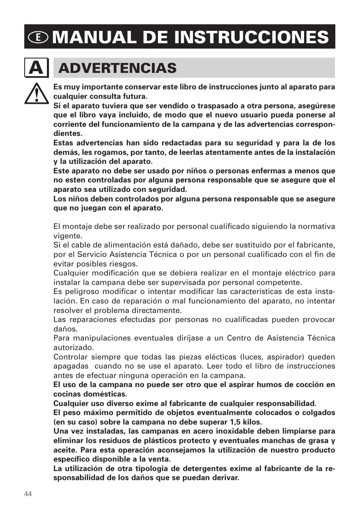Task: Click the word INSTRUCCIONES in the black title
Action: (x=252, y=37)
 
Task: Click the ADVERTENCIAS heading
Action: (x=118, y=68)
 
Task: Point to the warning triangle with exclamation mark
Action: (x=37, y=93)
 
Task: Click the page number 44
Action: (x=28, y=494)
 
